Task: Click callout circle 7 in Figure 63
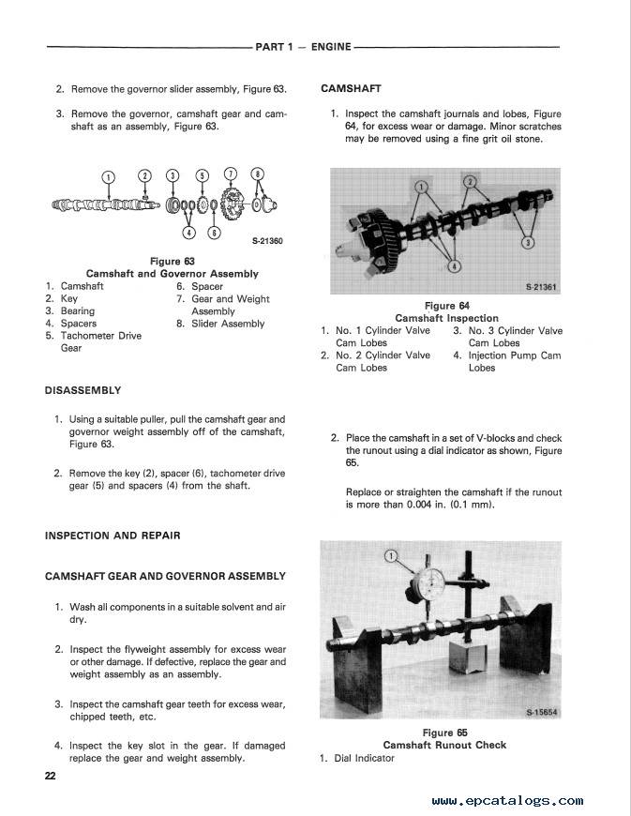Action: [x=232, y=174]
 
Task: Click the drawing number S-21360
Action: [x=267, y=241]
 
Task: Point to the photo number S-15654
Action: [x=542, y=713]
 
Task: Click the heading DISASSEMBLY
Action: [x=83, y=390]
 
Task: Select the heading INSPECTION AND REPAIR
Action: [x=113, y=536]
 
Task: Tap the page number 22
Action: [x=51, y=776]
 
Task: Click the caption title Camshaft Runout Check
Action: [x=444, y=745]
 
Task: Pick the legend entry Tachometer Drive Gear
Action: [x=100, y=341]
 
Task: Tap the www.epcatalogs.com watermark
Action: [x=507, y=801]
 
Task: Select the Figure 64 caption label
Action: [x=446, y=306]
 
